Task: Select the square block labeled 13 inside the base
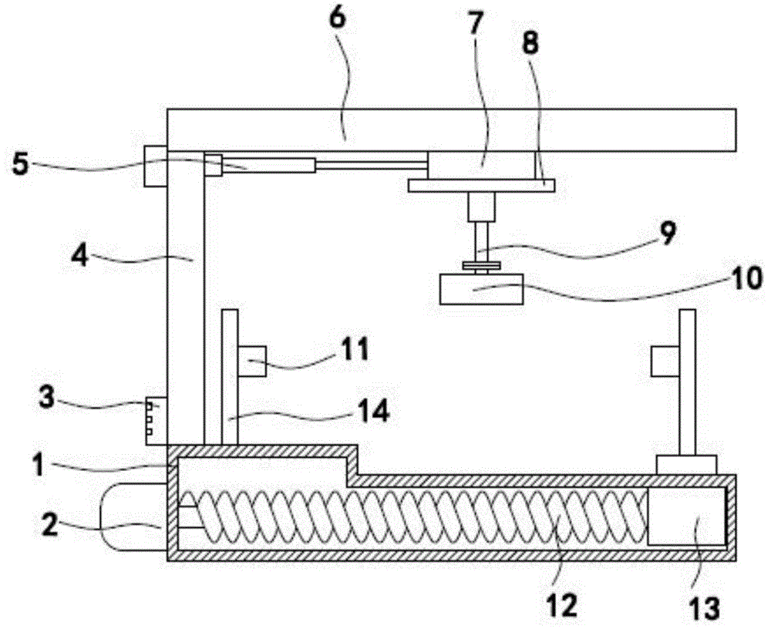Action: [686, 517]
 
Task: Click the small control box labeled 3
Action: [156, 420]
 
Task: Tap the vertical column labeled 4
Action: [186, 308]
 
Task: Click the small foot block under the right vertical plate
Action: [686, 464]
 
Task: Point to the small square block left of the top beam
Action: [155, 165]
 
